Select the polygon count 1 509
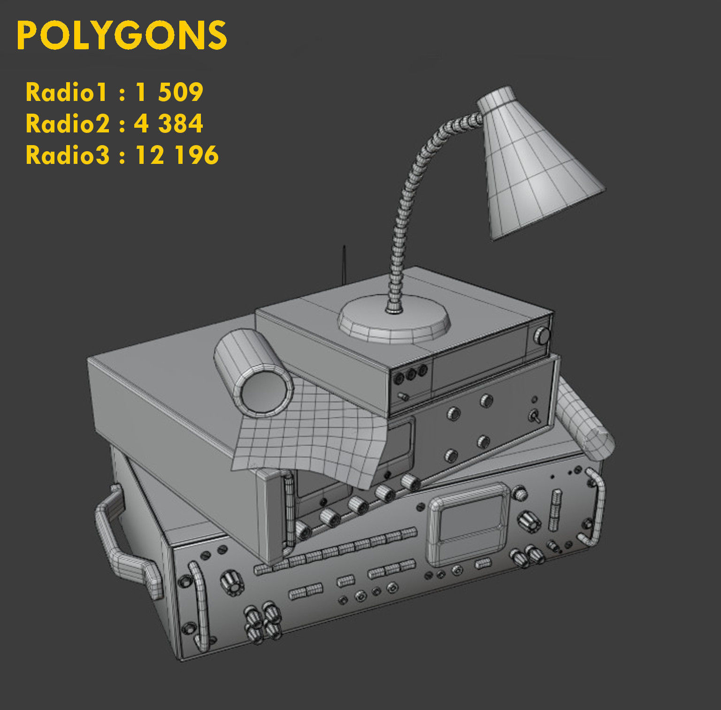(169, 92)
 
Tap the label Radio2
(67, 123)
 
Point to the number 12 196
(177, 155)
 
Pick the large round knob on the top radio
(543, 336)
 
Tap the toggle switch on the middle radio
(534, 416)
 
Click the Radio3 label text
(67, 155)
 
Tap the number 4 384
(169, 123)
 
